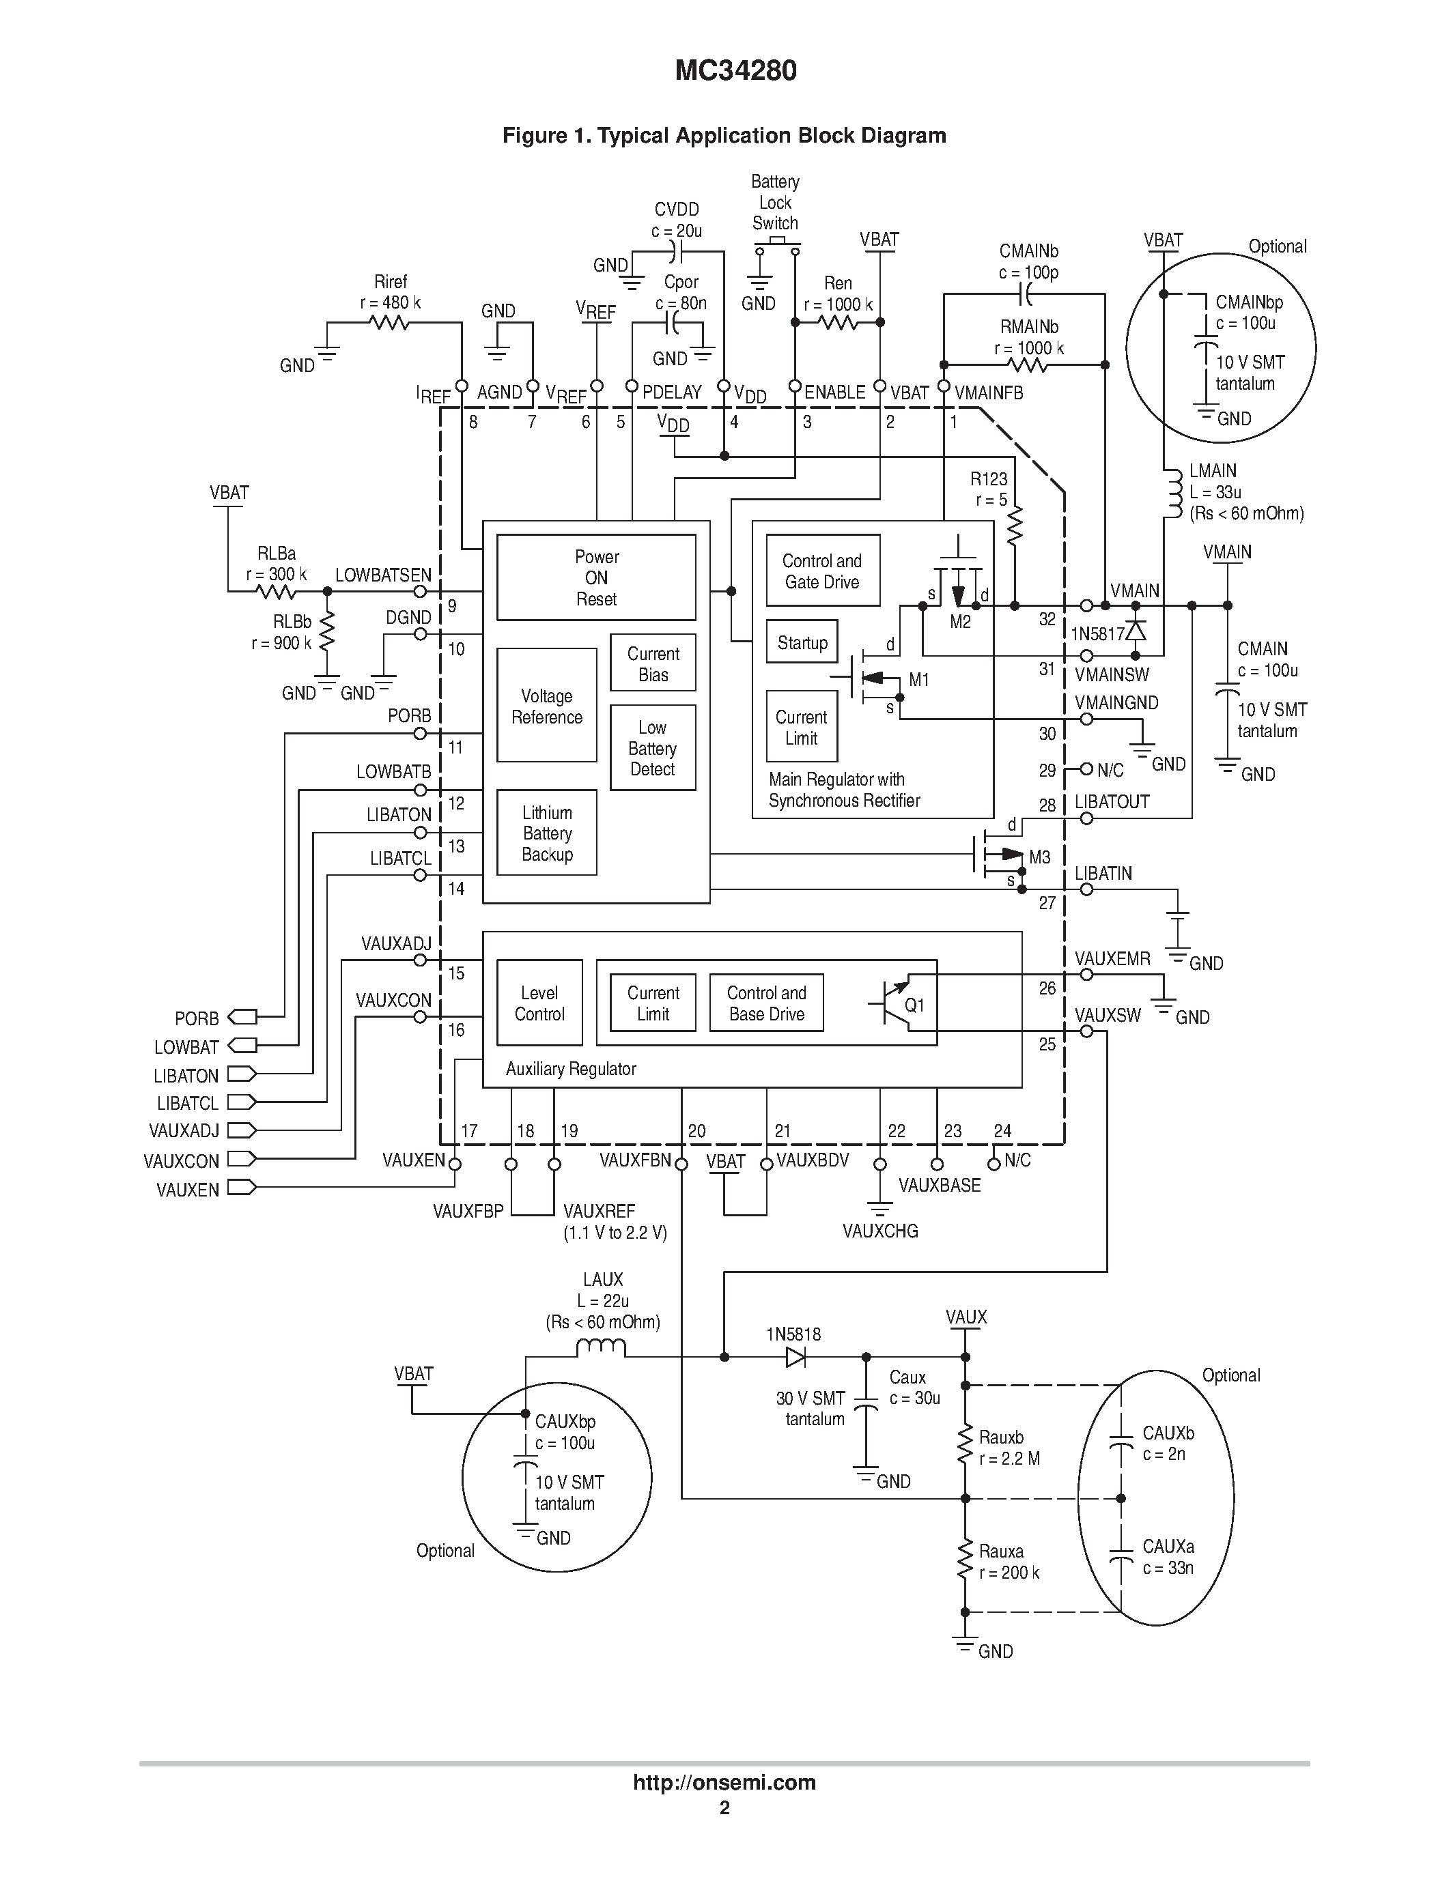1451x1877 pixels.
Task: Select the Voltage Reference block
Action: (547, 706)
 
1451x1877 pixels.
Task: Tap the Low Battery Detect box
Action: (652, 747)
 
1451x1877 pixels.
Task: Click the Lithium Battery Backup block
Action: (547, 833)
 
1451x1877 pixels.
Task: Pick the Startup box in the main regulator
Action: (802, 642)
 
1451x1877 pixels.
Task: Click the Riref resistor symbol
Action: (389, 323)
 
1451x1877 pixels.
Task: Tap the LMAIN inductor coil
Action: (1172, 493)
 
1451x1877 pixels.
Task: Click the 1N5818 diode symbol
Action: (795, 1357)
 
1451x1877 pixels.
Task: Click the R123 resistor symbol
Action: (1015, 526)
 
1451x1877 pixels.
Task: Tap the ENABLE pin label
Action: (834, 392)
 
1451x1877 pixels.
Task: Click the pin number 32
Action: (1046, 619)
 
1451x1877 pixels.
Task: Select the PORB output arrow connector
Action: (242, 1018)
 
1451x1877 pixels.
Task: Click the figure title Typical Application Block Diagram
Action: (724, 136)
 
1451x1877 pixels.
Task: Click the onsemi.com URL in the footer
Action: (724, 1782)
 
